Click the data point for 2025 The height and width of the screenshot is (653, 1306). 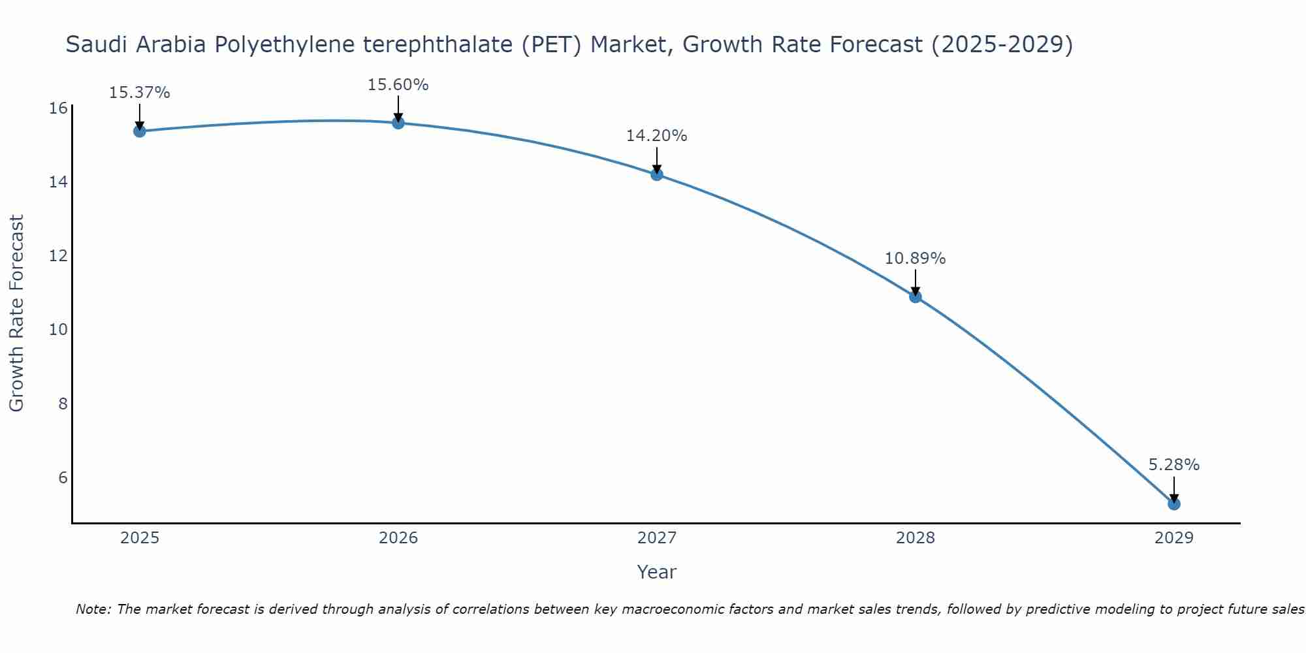[x=139, y=131]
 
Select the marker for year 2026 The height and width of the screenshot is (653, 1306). [x=398, y=123]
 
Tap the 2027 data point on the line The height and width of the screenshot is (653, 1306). [x=657, y=174]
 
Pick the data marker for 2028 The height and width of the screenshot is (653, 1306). [x=916, y=296]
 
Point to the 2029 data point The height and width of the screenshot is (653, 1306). [x=1174, y=503]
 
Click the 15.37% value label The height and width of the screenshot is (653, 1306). [x=139, y=93]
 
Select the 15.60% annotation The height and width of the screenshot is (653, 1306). [x=398, y=85]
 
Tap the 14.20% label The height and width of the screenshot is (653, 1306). [x=656, y=136]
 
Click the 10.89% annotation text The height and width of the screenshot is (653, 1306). [x=915, y=259]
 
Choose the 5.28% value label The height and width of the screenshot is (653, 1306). [x=1173, y=465]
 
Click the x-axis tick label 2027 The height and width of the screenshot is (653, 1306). [x=657, y=538]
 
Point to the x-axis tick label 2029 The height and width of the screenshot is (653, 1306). [x=1174, y=538]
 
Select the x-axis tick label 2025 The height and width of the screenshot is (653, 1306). [x=140, y=538]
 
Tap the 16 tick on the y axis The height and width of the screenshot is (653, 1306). [x=59, y=108]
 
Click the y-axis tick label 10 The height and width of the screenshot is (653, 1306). [x=59, y=329]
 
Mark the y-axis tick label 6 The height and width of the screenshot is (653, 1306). [x=63, y=477]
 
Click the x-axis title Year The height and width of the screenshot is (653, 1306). [x=656, y=572]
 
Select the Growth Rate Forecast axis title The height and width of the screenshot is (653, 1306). [x=17, y=313]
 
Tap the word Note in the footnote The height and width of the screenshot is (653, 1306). [x=93, y=609]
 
